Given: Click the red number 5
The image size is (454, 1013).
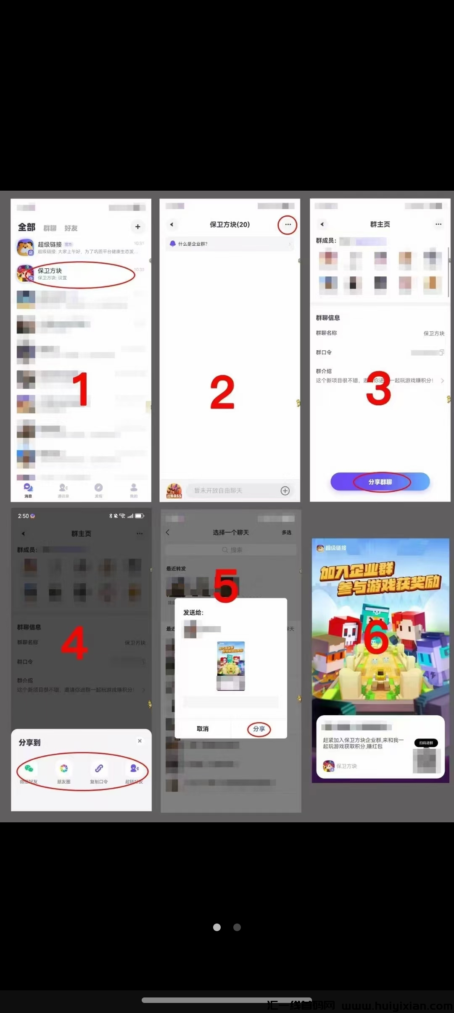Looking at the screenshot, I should point(226,585).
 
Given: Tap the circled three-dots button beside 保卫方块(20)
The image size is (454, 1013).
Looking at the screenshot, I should point(288,225).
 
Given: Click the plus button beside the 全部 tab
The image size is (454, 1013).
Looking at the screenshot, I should point(137,227).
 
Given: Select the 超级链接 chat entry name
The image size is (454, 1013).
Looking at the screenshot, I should point(50,244).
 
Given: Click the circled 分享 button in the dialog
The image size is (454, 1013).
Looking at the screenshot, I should point(259,729).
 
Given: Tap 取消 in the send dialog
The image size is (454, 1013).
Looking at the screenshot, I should point(203,729).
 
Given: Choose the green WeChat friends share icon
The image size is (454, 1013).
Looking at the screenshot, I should point(29,768).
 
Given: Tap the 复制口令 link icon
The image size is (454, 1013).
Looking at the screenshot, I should point(99,768).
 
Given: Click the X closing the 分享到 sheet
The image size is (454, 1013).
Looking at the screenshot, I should point(140,741).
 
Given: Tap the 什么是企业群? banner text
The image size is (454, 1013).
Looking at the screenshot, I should point(193,244).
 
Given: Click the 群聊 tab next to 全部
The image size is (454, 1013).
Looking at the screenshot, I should point(50,228).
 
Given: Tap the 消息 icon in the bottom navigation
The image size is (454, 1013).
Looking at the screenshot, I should point(28,488).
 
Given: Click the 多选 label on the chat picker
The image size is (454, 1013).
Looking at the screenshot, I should point(286,533).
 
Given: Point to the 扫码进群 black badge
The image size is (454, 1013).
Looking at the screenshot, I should point(426,743).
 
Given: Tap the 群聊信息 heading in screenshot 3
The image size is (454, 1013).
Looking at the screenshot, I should point(328,318).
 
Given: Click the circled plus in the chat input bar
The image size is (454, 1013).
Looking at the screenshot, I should point(285,491).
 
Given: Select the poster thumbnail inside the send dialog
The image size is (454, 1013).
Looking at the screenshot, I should point(231,665).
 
